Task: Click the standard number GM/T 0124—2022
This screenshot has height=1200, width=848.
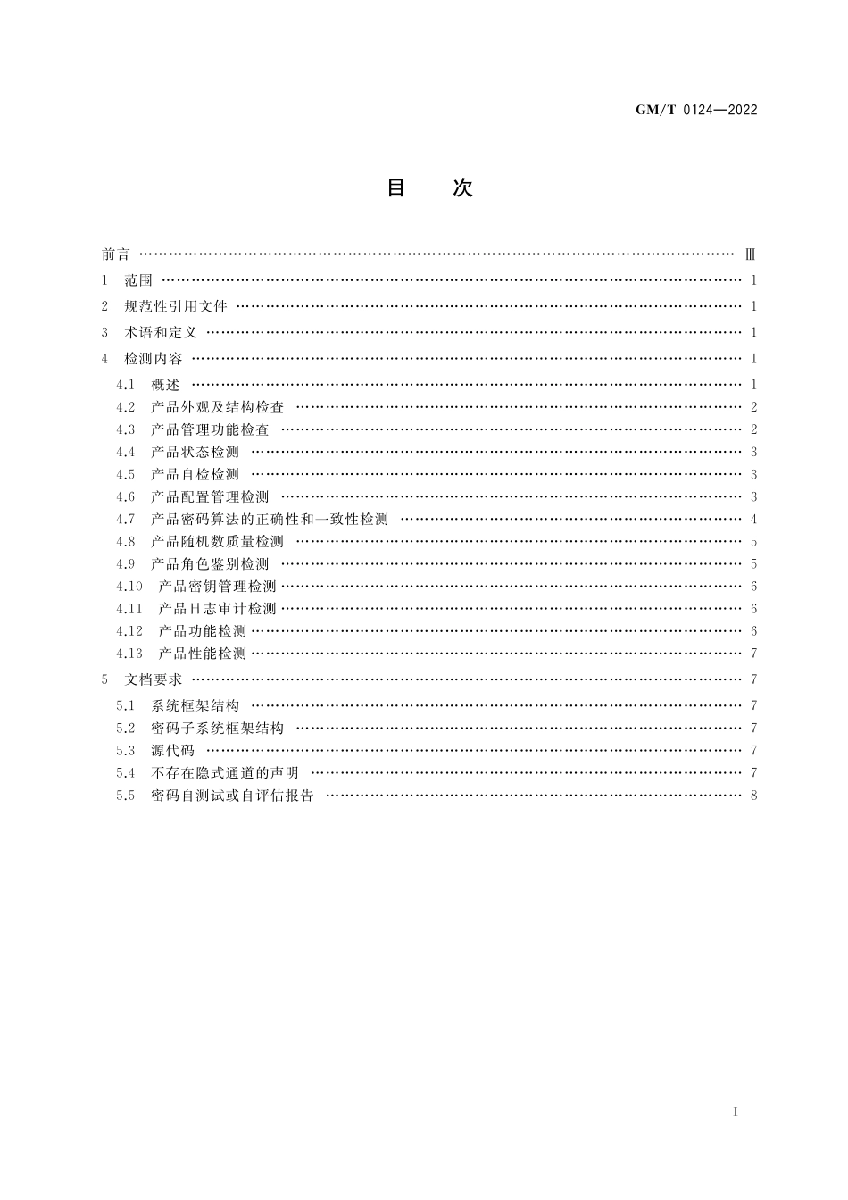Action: point(695,110)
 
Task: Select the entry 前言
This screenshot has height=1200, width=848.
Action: point(116,254)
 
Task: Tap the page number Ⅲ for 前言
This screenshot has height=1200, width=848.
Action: point(751,254)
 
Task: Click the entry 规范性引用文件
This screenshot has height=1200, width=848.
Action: point(176,306)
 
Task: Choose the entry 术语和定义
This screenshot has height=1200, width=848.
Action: point(161,333)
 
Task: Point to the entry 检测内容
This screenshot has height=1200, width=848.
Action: point(154,359)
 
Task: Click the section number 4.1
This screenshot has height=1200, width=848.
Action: point(125,385)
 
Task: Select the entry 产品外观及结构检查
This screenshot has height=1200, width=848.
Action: point(217,407)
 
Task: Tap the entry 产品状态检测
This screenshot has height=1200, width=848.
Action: point(195,452)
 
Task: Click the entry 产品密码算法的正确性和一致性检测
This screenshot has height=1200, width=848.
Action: point(270,519)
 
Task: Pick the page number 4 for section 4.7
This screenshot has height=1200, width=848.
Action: point(753,519)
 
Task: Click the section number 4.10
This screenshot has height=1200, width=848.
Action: point(129,586)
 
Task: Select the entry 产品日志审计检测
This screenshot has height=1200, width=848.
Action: point(217,608)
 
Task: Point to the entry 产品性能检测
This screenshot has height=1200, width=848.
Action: point(202,653)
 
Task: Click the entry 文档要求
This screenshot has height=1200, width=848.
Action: point(154,679)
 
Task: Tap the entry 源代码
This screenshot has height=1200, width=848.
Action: point(172,750)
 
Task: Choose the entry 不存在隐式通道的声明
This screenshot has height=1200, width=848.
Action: point(225,772)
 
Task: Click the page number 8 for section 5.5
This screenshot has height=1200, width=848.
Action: point(753,795)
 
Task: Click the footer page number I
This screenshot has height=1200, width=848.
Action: point(735,1112)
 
